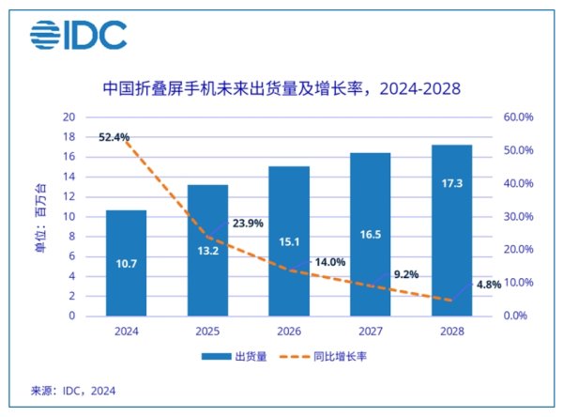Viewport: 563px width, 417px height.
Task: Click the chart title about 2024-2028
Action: pos(281,89)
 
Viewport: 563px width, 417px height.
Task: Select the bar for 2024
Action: pos(126,263)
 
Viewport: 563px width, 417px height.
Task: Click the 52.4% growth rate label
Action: pos(114,137)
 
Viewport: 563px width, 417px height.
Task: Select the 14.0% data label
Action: pos(328,262)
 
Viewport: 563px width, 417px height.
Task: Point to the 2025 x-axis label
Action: pos(206,331)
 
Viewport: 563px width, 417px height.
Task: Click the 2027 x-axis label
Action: pos(370,331)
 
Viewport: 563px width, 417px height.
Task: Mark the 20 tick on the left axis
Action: pos(68,117)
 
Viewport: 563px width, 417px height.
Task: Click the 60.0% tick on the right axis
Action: pos(519,117)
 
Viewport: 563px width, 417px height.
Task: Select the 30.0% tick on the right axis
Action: pos(519,217)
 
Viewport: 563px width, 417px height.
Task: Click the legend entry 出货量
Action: pos(235,356)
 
